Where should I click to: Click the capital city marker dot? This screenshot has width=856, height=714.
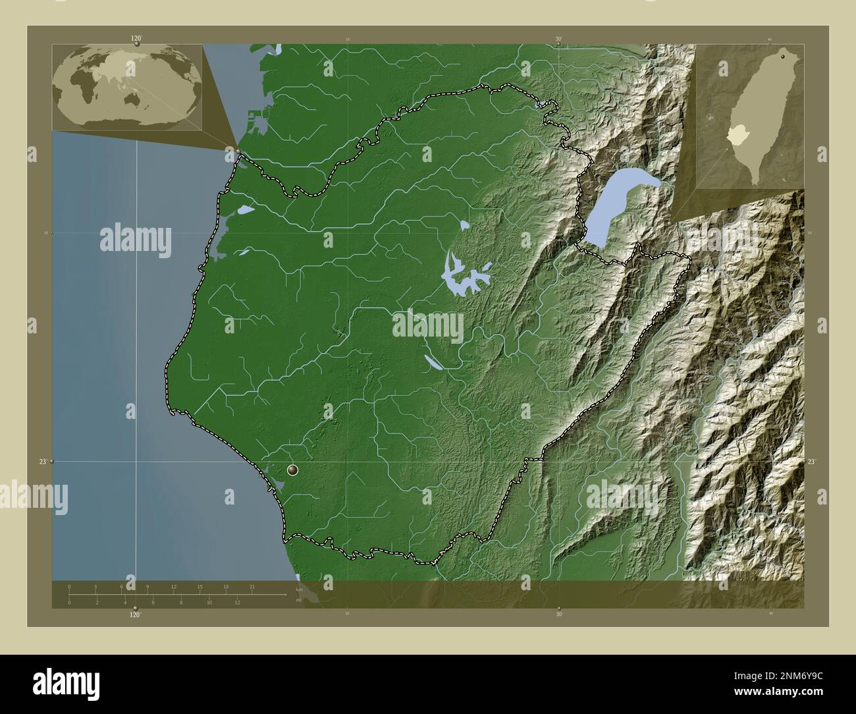click(x=293, y=470)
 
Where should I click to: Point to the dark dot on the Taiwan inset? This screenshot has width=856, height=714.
click(x=783, y=57)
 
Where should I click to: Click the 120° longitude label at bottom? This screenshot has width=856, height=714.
click(x=135, y=615)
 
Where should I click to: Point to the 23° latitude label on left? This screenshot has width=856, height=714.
click(x=42, y=462)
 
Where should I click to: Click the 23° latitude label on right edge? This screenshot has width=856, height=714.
click(x=811, y=462)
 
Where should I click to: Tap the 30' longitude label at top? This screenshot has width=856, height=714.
click(x=558, y=40)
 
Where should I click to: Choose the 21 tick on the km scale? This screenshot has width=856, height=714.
click(x=252, y=586)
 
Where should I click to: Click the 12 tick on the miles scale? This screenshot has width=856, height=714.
click(x=237, y=603)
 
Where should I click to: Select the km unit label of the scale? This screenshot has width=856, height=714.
click(x=299, y=590)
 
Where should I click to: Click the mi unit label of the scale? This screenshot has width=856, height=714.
click(x=299, y=601)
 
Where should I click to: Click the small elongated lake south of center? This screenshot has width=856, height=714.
click(x=435, y=362)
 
